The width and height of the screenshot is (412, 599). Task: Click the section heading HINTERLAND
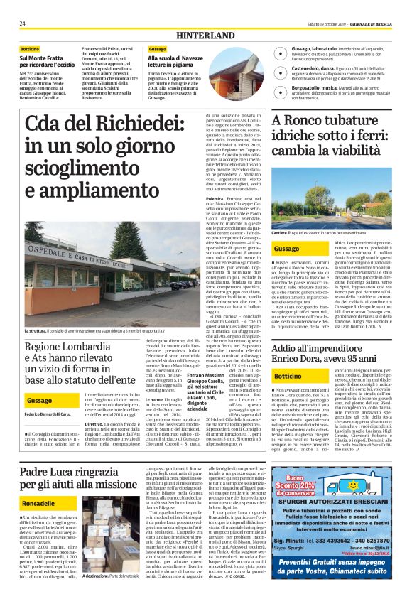(x=205, y=35)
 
